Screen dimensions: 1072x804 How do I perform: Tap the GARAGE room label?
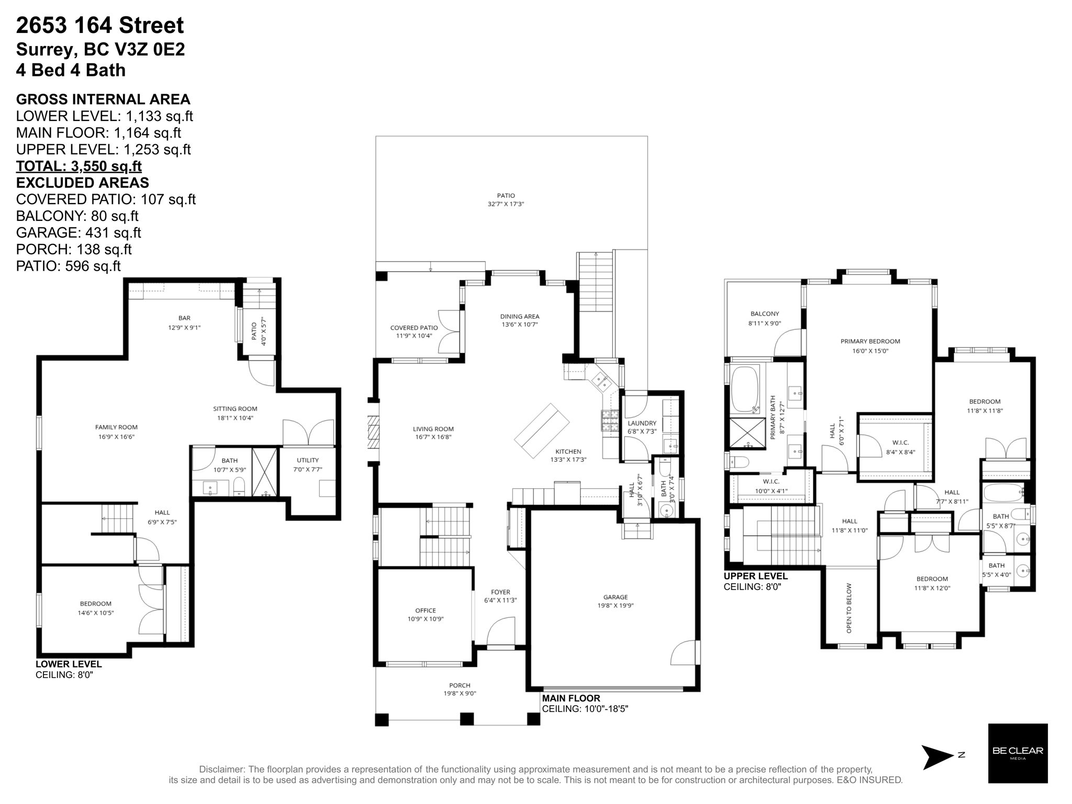point(615,597)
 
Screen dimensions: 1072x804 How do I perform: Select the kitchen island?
point(542,430)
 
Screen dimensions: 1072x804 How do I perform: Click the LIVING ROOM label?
point(433,429)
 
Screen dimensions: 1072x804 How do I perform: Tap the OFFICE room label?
point(426,610)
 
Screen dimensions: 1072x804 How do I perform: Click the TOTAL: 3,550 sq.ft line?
point(79,166)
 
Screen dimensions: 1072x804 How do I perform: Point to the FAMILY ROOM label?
point(116,427)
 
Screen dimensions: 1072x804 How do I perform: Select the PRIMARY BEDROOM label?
point(870,341)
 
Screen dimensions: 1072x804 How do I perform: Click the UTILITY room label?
point(308,460)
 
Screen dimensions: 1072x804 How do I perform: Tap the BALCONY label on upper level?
point(764,314)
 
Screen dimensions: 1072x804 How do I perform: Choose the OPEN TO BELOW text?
point(849,608)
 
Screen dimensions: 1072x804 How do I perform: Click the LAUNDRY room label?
point(642,423)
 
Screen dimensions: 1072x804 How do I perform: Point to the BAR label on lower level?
point(184,318)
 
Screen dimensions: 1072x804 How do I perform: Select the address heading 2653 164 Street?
point(100,25)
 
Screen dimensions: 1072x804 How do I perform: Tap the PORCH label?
point(460,685)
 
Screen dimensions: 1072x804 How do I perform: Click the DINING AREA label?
point(519,316)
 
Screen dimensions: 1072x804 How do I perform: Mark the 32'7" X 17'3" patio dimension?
point(506,204)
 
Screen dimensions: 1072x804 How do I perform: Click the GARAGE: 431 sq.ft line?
point(79,232)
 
